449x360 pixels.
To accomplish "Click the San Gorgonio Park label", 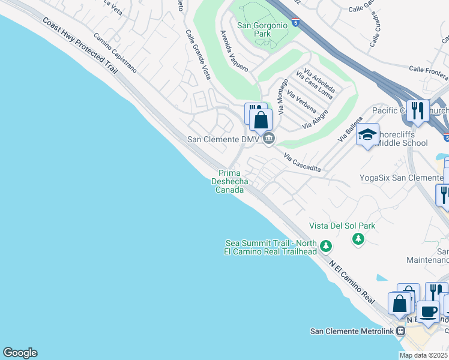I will point(253,29).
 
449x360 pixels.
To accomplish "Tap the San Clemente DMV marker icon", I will point(269,139).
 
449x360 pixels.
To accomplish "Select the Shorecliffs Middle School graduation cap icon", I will point(367,135).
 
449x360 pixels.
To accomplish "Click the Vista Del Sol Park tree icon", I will point(358,239).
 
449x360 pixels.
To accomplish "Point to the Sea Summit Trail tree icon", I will point(326,246).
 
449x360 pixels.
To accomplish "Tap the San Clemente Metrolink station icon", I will point(409,332).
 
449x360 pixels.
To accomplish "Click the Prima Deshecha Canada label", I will point(229,181).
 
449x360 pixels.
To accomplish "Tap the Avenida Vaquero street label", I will point(234,51).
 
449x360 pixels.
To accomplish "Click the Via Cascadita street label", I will point(302,161).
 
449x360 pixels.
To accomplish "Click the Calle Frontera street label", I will point(428,73).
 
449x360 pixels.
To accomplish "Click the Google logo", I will point(20,353).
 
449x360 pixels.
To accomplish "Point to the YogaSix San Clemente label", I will point(400,178).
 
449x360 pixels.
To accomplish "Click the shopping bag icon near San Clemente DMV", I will point(261,119).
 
